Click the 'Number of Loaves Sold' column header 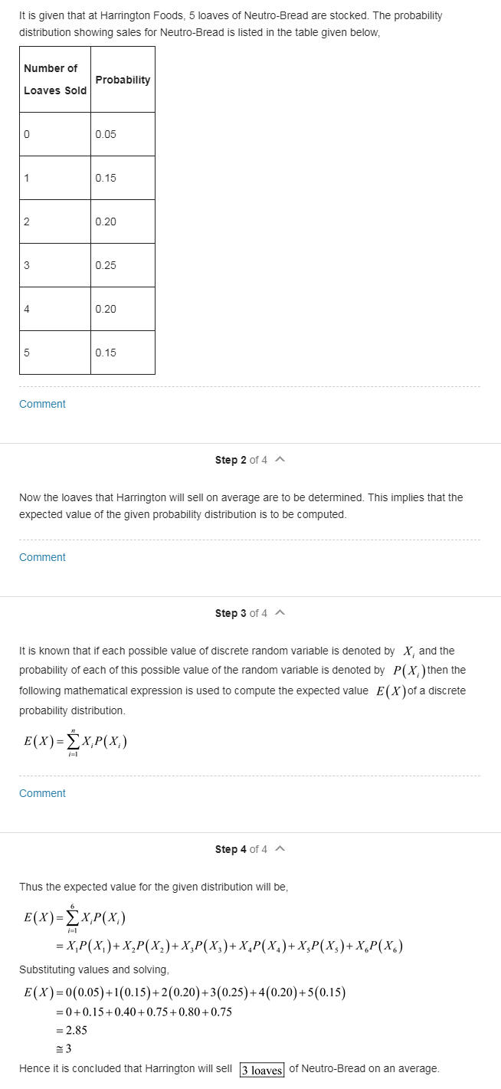click(54, 79)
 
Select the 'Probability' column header click(123, 80)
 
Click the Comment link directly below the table click(42, 404)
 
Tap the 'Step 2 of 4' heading click(241, 460)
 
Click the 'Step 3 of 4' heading click(241, 613)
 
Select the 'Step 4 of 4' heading click(241, 849)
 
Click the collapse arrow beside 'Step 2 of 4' click(280, 460)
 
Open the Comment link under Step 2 click(42, 557)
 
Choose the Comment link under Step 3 click(42, 793)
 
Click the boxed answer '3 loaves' click(262, 1070)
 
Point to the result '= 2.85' click(70, 1031)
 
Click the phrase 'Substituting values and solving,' click(94, 969)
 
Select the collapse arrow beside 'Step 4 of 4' click(280, 849)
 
